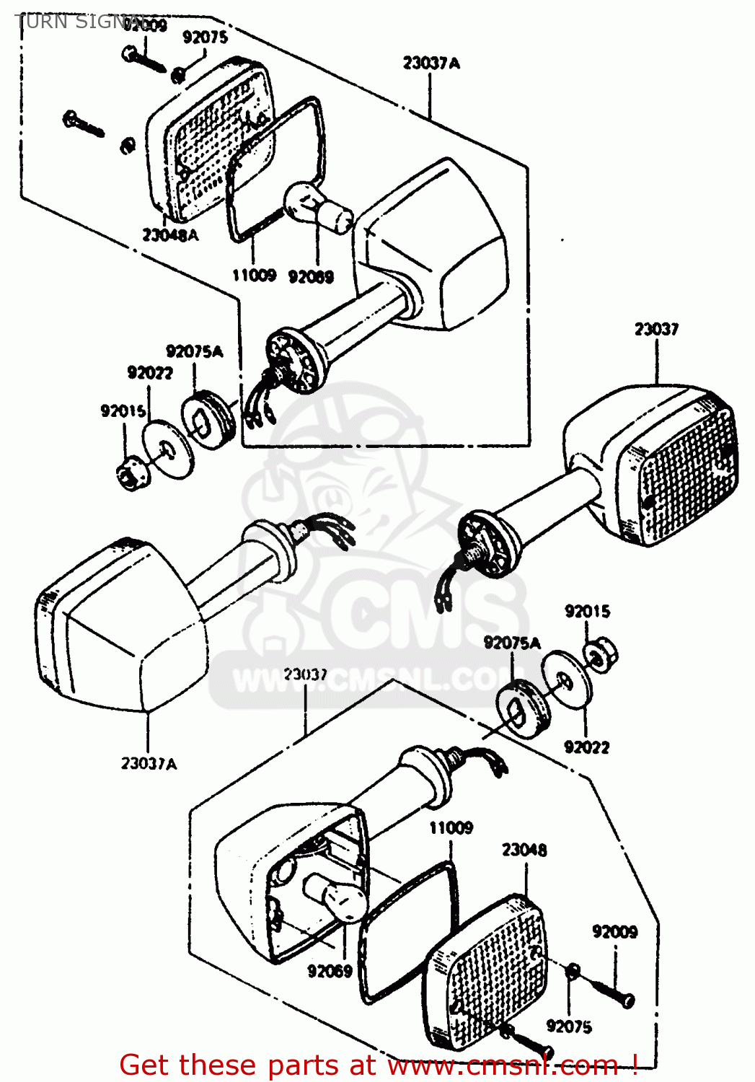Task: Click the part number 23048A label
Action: pos(169,235)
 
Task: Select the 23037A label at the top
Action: pos(431,63)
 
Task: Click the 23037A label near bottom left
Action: pos(149,763)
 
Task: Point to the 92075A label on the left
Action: pos(194,352)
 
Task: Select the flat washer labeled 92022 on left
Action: pos(168,449)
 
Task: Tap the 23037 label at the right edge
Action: pos(656,330)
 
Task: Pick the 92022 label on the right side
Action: pos(586,747)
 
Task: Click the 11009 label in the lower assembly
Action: pos(451,827)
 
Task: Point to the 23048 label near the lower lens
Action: pos(524,850)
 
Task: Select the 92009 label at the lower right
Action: pos(614,932)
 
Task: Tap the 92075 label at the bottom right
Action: pos(569,1026)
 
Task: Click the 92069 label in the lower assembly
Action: pos(330,972)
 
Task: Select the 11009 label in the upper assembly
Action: pos(254,275)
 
